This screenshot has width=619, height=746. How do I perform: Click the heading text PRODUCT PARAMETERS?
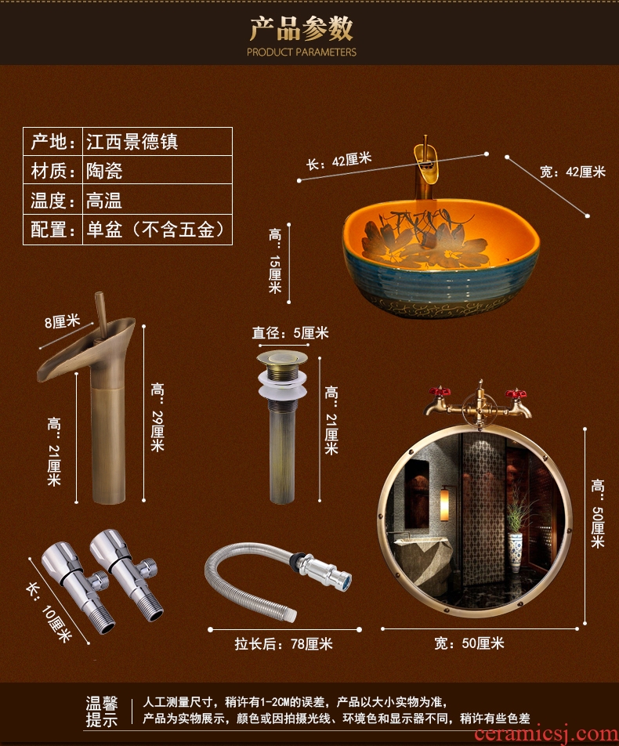(301, 52)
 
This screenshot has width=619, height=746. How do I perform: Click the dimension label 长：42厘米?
(338, 161)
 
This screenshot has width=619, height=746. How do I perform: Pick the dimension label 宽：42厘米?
(572, 172)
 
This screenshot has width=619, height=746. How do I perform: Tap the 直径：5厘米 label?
(290, 332)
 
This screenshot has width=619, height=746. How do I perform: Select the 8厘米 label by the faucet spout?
(63, 322)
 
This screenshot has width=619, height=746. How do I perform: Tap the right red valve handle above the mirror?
(516, 394)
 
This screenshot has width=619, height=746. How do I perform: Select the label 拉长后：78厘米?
(284, 643)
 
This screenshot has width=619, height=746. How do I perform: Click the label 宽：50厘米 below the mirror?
(469, 643)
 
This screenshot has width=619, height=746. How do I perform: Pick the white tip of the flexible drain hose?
(291, 616)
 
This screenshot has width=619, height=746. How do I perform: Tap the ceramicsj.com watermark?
(546, 734)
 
